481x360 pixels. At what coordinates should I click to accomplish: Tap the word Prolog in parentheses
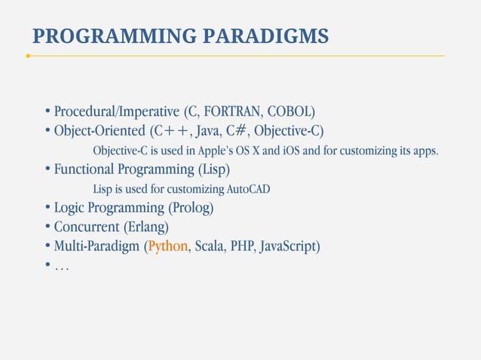(x=190, y=207)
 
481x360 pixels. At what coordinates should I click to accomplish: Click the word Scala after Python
(x=209, y=246)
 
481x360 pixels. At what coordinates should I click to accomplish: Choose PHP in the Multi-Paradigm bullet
(x=243, y=246)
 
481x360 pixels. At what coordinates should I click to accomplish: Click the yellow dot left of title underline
(x=28, y=56)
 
